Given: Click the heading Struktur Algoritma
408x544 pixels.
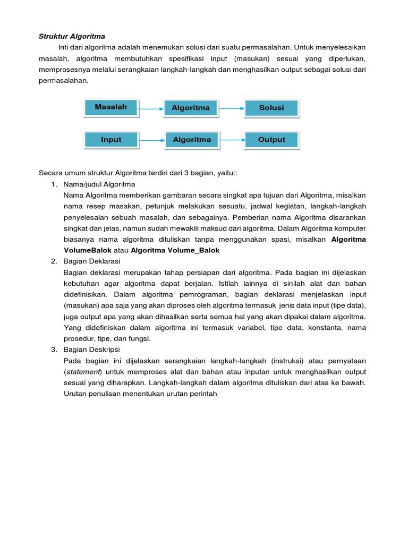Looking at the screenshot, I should (x=72, y=37).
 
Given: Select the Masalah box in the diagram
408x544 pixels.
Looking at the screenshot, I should (x=110, y=107).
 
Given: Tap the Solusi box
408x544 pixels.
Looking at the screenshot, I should (x=271, y=108).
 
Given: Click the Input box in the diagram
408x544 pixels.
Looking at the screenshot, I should (x=110, y=140).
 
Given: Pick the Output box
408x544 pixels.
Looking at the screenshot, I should (x=271, y=140).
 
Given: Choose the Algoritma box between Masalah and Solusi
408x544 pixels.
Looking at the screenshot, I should (x=191, y=108).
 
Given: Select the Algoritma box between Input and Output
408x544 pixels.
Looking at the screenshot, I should (x=191, y=140).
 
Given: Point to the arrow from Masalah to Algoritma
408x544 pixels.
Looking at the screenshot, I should (x=151, y=109).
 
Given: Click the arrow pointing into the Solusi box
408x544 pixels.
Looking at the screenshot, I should (x=231, y=109).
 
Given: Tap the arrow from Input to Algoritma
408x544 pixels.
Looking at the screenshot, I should (x=151, y=141).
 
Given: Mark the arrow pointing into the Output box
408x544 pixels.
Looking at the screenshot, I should (x=232, y=141).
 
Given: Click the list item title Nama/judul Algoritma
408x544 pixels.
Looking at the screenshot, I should (x=99, y=184).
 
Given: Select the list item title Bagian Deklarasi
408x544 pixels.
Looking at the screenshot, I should (x=92, y=261).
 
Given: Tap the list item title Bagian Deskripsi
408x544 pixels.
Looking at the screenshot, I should (x=91, y=349).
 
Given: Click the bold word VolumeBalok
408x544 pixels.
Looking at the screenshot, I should (x=88, y=250).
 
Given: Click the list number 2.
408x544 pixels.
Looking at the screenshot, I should (x=54, y=261).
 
